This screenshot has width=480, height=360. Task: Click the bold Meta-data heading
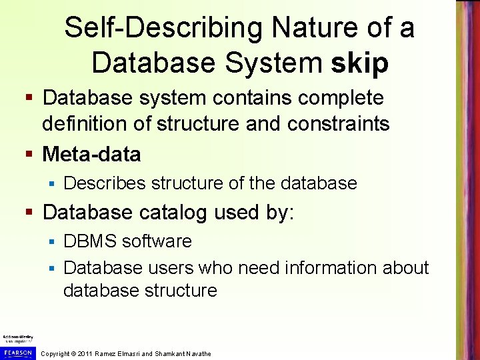(91, 155)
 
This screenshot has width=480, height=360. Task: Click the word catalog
(175, 213)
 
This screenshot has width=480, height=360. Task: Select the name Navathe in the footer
(195, 353)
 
